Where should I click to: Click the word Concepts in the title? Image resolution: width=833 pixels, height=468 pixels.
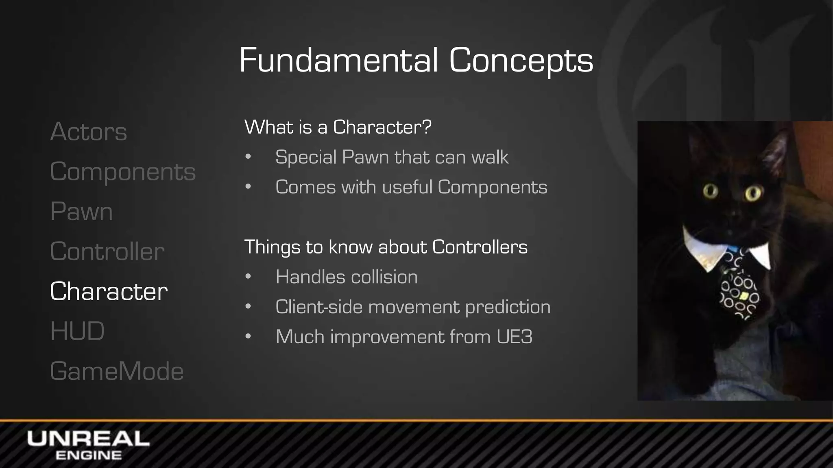coord(521,60)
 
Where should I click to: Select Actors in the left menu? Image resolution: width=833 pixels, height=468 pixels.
coord(89,132)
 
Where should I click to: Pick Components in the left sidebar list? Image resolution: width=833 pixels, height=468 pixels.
coord(123,171)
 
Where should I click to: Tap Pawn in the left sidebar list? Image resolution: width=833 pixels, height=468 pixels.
coord(81,211)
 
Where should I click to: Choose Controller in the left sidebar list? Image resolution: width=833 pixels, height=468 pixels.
coord(107,251)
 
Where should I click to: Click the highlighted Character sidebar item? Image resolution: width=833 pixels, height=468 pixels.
coord(109,291)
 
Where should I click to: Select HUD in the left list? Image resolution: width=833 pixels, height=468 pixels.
coord(77,331)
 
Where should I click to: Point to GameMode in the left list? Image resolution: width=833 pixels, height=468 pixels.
coord(117,371)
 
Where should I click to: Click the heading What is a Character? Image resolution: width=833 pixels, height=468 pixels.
coord(338,127)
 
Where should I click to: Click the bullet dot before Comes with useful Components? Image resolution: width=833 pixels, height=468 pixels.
coord(248,187)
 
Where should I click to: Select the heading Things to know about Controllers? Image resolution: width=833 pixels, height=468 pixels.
coord(386,247)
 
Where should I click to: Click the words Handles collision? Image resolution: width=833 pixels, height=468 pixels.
coord(347,277)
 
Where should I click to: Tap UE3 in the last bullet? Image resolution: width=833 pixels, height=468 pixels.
coord(514,337)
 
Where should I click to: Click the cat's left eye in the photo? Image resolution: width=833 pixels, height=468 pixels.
coord(711,191)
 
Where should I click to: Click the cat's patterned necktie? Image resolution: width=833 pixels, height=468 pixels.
coord(738,288)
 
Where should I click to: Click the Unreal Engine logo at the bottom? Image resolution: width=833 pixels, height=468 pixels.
coord(88,445)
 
